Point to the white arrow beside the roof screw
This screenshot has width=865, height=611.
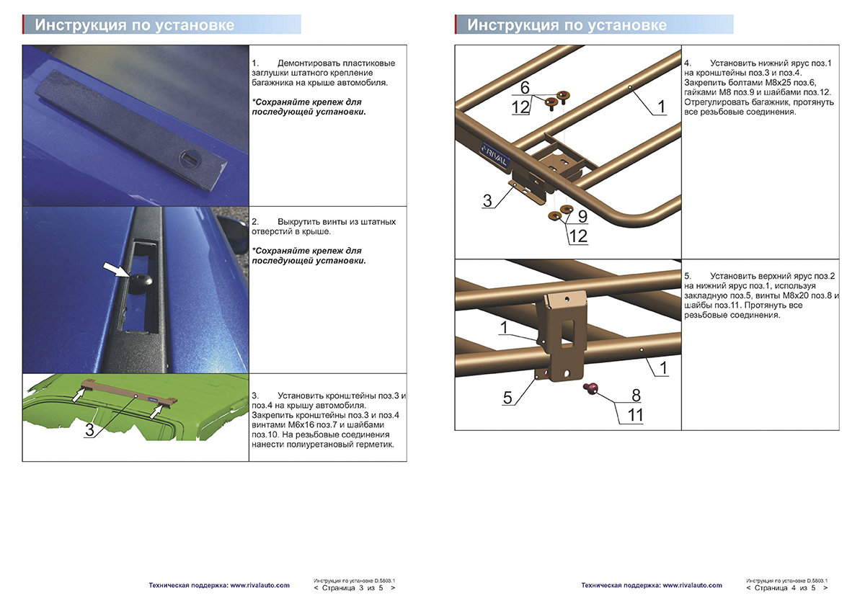pyautogui.click(x=117, y=270)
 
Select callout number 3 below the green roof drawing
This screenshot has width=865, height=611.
pyautogui.click(x=89, y=430)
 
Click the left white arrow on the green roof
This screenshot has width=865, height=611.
pyautogui.click(x=79, y=393)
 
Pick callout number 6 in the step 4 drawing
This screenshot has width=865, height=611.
pyautogui.click(x=525, y=87)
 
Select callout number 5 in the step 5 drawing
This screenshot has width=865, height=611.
pyautogui.click(x=508, y=397)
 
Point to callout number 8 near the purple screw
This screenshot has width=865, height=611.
pyautogui.click(x=636, y=395)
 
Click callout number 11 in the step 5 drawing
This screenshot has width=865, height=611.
pyautogui.click(x=636, y=415)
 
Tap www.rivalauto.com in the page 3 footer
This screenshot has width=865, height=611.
pyautogui.click(x=259, y=585)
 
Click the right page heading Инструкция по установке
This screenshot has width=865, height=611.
pyautogui.click(x=567, y=25)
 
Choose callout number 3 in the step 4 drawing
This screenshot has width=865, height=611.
pyautogui.click(x=487, y=201)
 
